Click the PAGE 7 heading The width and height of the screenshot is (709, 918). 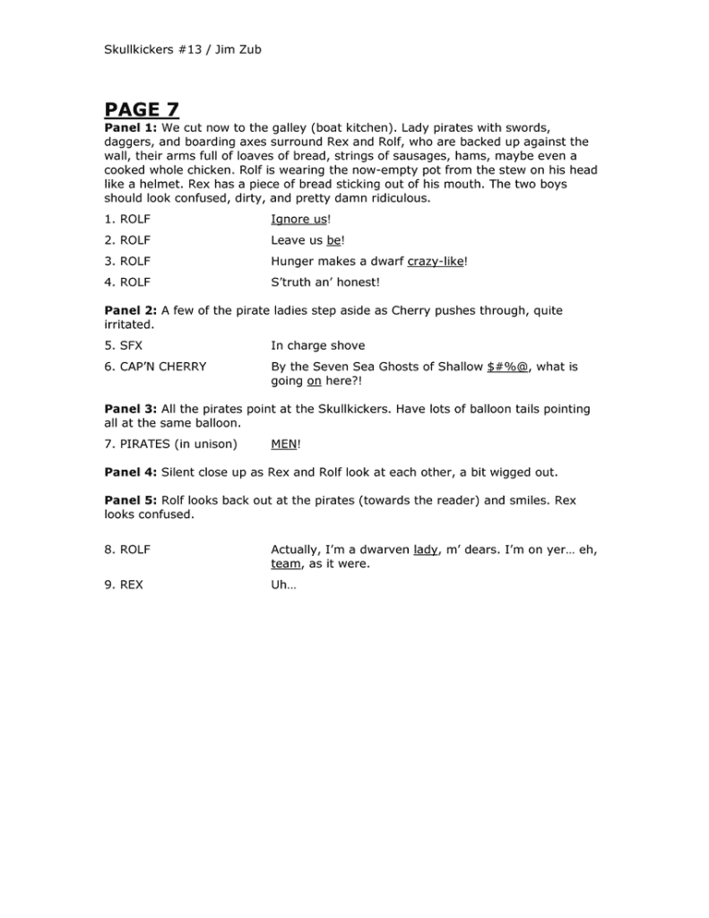[x=142, y=110]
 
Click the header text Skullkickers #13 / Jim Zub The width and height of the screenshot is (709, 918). [x=182, y=49]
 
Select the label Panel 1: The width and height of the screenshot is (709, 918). [x=130, y=127]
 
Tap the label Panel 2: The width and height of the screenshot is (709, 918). [x=130, y=310]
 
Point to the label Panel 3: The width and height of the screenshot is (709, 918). [x=130, y=409]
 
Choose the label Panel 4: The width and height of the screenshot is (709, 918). [x=130, y=472]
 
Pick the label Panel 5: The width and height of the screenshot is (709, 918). [x=130, y=500]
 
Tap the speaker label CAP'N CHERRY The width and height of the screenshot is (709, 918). [x=163, y=367]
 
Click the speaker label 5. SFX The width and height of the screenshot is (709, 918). [x=124, y=345]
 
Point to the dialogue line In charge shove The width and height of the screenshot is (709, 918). [x=317, y=345]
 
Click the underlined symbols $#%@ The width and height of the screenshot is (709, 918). [x=508, y=367]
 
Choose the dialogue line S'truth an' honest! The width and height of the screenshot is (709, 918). [x=325, y=282]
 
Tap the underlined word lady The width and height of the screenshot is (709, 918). [x=426, y=550]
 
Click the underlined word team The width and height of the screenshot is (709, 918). [x=286, y=564]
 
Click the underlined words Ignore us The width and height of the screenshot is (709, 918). [x=298, y=219]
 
